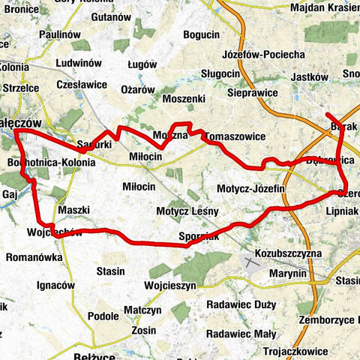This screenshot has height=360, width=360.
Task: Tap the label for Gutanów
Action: tap(113, 16)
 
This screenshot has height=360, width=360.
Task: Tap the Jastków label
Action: tap(309, 76)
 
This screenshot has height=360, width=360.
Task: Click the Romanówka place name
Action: tap(28, 256)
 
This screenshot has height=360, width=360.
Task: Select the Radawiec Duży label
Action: tap(237, 305)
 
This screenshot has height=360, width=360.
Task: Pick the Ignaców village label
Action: tap(56, 285)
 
